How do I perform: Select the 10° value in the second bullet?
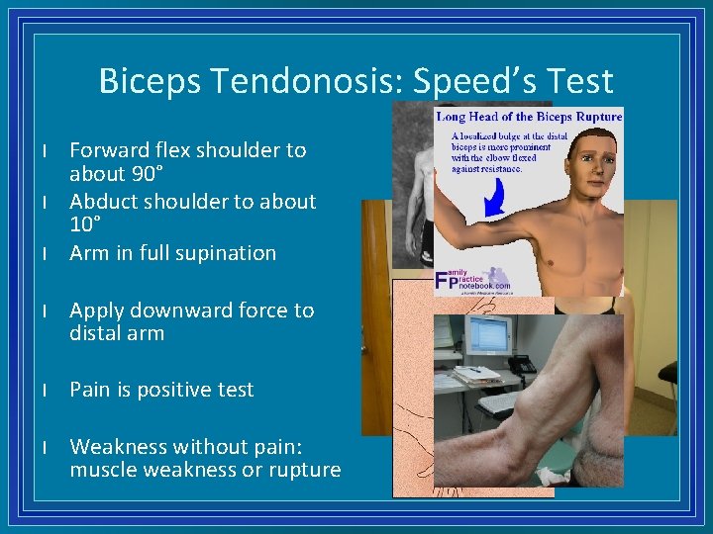click(x=85, y=225)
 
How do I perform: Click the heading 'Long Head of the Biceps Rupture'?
click(x=530, y=117)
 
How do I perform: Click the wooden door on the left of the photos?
click(x=375, y=316)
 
